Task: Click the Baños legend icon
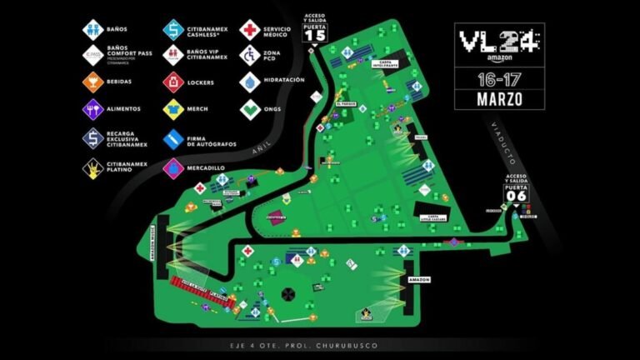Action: (93, 30)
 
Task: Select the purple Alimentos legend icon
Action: (93, 110)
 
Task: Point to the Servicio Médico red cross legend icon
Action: (249, 30)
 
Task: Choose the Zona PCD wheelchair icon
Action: (249, 56)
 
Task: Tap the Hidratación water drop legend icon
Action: (249, 82)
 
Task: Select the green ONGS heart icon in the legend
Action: (249, 109)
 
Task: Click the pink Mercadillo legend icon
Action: (173, 167)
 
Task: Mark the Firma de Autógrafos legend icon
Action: (173, 138)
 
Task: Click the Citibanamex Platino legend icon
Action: (93, 167)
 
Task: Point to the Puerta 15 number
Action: (315, 36)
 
